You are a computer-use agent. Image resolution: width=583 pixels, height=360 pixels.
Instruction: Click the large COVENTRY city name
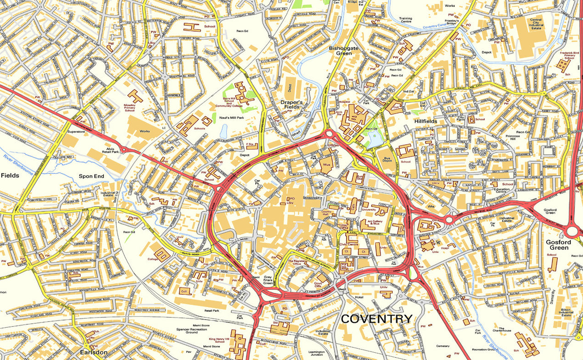[376, 319]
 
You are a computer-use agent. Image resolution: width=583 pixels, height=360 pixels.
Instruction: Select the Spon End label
[91, 176]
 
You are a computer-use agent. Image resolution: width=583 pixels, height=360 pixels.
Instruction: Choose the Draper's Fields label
[291, 104]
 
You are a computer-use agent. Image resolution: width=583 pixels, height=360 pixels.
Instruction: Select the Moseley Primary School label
[130, 107]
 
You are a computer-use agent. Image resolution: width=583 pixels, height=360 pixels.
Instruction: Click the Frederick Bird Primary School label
[569, 55]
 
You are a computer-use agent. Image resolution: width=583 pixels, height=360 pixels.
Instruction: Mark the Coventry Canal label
[435, 27]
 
